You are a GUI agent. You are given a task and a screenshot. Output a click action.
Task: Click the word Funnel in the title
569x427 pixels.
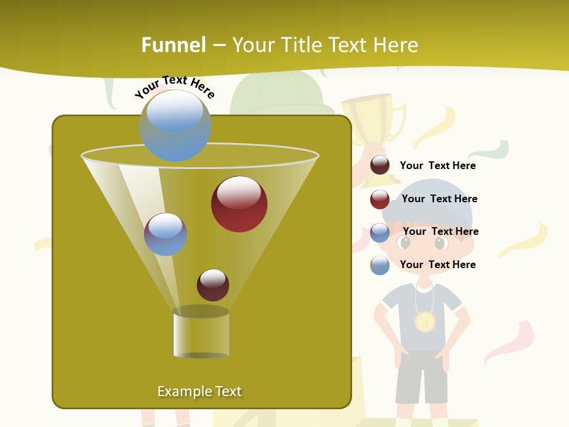click(173, 45)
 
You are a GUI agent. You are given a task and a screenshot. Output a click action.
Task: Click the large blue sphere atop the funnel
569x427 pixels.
click(175, 125)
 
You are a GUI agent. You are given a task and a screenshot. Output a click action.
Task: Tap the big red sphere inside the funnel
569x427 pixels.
click(239, 204)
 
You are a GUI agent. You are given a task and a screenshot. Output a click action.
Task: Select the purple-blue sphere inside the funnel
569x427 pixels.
click(165, 234)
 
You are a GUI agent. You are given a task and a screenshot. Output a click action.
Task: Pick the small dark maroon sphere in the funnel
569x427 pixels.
click(213, 285)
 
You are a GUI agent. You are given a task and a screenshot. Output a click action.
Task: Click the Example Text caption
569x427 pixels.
click(199, 391)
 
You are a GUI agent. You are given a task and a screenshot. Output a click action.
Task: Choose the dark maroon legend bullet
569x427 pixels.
click(380, 165)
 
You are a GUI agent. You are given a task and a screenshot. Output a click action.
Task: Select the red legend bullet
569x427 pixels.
click(380, 199)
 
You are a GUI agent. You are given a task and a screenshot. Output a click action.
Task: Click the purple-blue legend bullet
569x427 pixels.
click(380, 232)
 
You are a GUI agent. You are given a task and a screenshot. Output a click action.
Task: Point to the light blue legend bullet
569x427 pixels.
click(380, 265)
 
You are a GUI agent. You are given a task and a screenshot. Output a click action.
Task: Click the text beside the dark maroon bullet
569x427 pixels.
click(437, 165)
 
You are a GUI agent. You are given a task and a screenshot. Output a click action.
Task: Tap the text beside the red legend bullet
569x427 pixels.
click(439, 199)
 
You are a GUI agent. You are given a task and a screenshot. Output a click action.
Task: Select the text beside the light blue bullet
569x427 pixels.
click(437, 265)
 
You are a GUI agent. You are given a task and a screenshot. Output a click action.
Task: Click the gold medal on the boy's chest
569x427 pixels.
click(425, 322)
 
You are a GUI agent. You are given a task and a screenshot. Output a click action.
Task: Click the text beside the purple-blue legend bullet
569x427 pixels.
click(440, 231)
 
